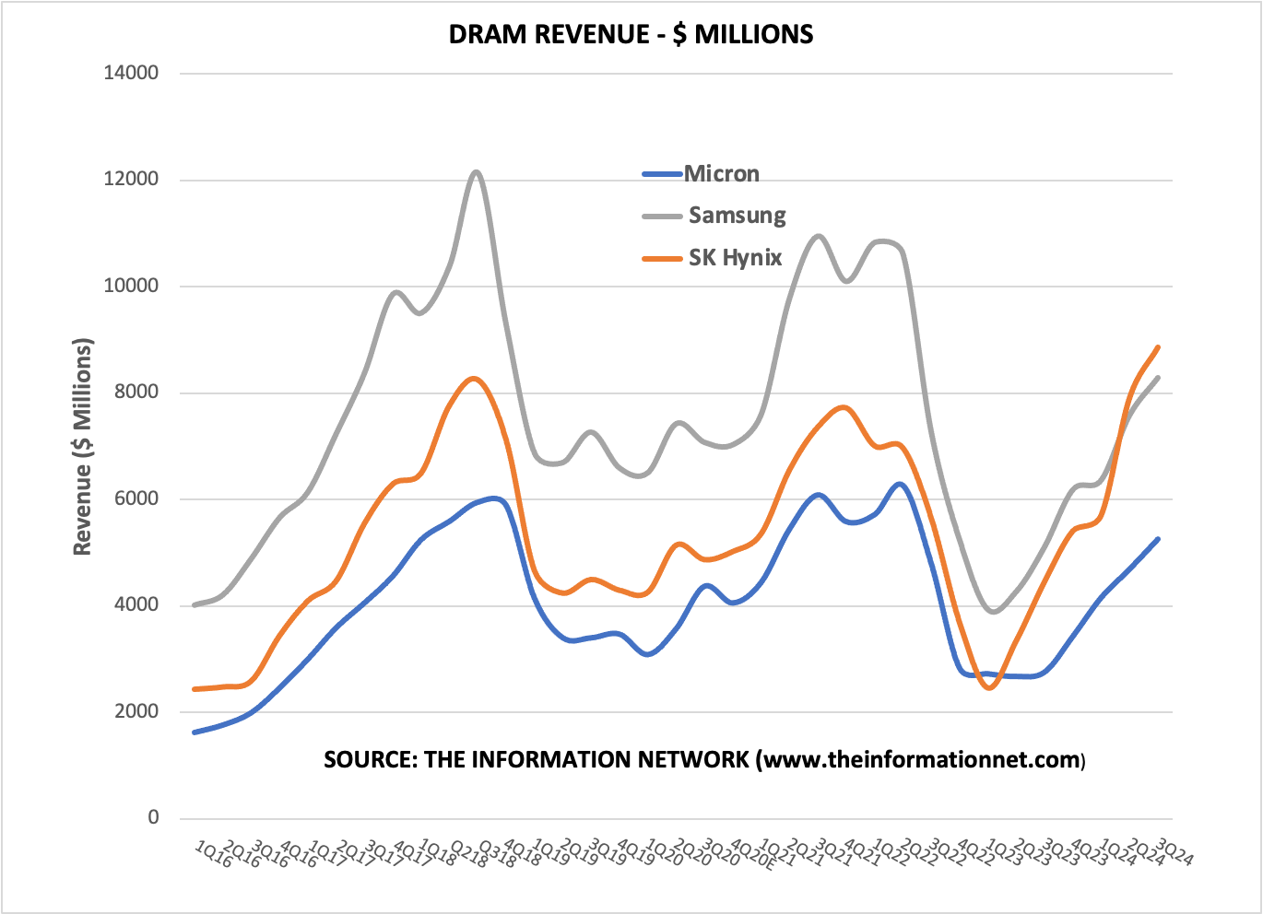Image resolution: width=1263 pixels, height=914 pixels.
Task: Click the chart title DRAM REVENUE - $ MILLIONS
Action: click(631, 35)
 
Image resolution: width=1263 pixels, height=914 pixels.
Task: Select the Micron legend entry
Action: click(721, 174)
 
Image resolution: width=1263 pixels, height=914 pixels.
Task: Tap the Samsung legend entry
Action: click(737, 216)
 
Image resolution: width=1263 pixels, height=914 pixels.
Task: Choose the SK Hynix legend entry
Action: click(735, 258)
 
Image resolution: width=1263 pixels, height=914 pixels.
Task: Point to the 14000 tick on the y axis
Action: click(131, 73)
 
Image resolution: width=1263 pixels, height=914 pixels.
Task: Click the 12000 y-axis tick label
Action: click(131, 180)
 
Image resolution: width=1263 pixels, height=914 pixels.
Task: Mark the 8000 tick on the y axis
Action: click(136, 393)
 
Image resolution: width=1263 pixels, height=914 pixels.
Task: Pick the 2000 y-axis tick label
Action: click(136, 711)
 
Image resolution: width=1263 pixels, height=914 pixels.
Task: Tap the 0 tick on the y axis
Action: click(153, 817)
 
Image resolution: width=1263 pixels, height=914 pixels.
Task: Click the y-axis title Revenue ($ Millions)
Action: click(83, 447)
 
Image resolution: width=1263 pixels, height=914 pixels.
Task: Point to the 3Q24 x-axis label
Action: click(1175, 853)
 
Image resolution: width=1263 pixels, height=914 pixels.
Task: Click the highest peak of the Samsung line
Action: click(476, 171)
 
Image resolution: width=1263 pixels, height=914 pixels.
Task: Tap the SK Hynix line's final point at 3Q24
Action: click(1158, 347)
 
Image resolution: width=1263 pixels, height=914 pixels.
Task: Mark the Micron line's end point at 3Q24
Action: click(1158, 539)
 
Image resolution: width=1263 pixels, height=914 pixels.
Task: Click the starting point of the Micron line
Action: click(195, 732)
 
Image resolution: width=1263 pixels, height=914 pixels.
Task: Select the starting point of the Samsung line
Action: click(195, 605)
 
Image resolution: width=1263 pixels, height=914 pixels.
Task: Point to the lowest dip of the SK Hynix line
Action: click(990, 687)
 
